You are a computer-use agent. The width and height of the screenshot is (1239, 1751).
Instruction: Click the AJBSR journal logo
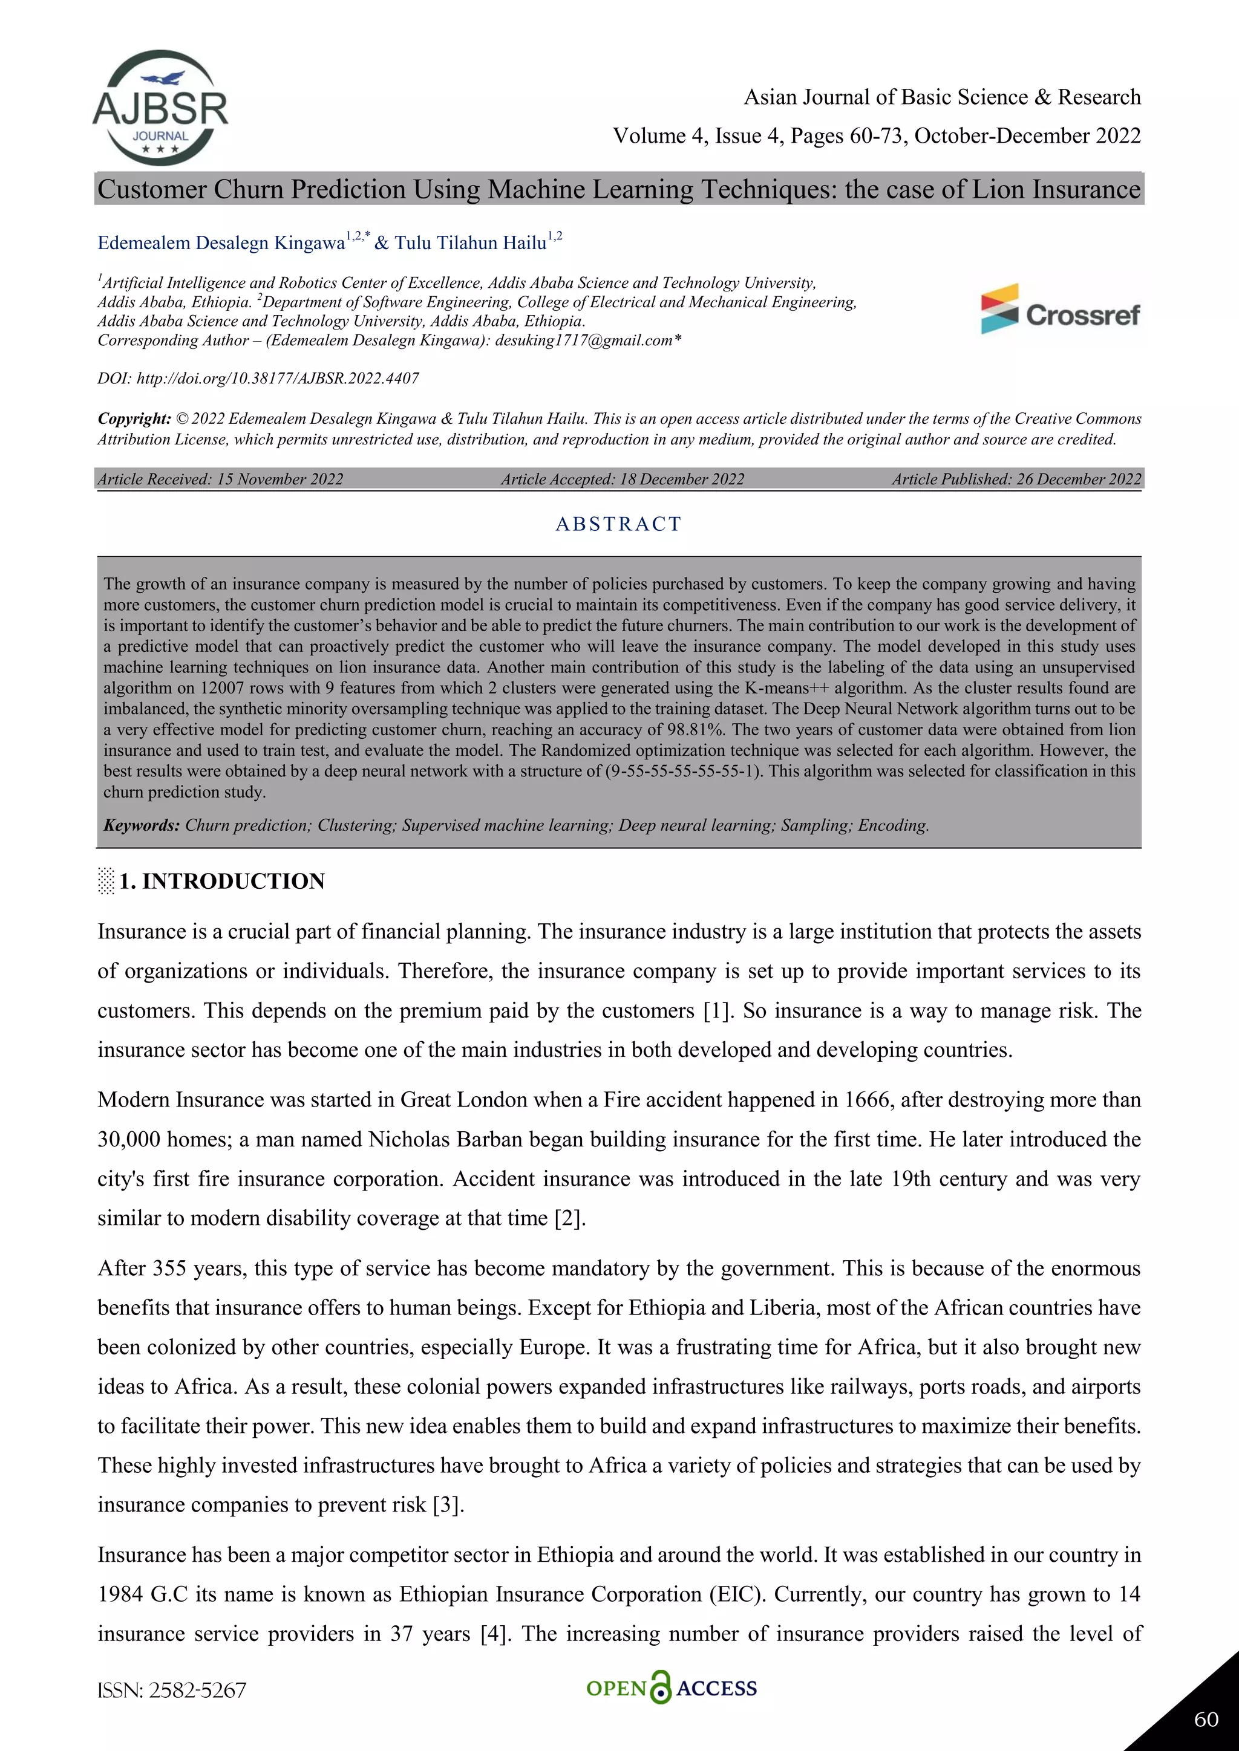(160, 108)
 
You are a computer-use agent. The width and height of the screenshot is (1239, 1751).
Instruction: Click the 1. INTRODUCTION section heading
(221, 881)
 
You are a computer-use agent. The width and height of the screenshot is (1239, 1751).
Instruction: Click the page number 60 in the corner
(1206, 1720)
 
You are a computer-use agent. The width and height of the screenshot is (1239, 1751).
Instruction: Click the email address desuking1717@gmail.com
(584, 340)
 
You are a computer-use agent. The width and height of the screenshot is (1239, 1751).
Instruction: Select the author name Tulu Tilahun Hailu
(471, 242)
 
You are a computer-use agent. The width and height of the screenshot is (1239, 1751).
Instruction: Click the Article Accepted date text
(623, 479)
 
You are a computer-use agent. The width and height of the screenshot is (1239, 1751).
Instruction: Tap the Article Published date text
(1016, 479)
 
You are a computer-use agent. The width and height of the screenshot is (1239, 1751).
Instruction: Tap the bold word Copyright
(134, 418)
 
